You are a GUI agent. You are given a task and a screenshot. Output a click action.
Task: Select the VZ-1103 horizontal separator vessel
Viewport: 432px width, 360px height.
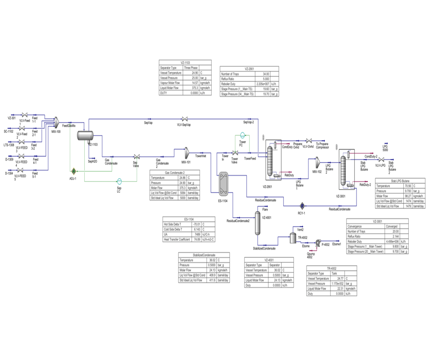[x=85, y=135]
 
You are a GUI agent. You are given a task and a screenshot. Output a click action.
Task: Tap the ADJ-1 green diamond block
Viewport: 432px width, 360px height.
[x=74, y=171]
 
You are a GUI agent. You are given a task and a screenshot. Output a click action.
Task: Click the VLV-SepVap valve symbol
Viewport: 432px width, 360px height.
[x=185, y=119]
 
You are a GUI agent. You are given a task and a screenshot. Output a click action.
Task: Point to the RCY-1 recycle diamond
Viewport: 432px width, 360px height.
[x=302, y=206]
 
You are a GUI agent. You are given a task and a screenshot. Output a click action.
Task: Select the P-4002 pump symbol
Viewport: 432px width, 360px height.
[x=318, y=242]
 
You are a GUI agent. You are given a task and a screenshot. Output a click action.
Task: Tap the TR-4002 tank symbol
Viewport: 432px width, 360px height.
[x=293, y=238]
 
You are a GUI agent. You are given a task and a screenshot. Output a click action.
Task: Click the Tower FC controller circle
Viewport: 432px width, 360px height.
[x=242, y=136]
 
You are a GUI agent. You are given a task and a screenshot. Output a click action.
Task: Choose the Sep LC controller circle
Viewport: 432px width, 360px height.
[x=119, y=182]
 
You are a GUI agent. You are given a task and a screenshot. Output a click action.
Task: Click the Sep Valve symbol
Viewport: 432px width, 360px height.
[x=137, y=157]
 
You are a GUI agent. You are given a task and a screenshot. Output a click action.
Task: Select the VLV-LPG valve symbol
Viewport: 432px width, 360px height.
[x=381, y=160]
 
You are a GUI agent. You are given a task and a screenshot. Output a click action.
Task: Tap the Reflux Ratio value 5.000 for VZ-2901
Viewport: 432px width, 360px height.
[x=266, y=79]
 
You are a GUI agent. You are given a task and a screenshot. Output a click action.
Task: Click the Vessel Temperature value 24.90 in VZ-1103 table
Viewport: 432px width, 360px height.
[x=195, y=73]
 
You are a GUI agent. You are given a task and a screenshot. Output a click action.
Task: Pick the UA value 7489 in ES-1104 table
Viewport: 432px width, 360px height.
[x=197, y=234]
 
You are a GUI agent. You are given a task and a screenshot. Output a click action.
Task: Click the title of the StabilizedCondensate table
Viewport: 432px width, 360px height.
[x=204, y=255]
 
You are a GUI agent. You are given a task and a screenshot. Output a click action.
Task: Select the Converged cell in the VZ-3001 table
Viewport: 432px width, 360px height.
[x=391, y=226]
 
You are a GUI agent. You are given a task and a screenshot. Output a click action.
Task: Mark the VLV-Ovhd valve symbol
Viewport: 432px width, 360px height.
[x=308, y=141]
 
